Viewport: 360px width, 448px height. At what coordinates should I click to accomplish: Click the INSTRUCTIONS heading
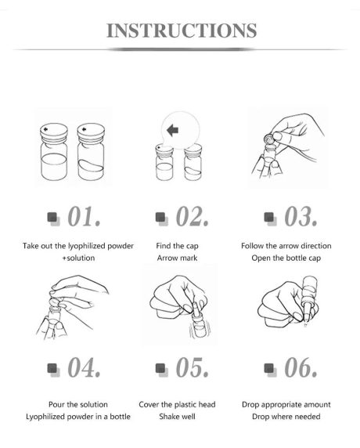coord(182,31)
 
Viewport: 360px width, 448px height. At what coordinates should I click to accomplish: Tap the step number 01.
coord(84,217)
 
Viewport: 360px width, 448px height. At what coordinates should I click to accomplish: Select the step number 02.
coord(193,217)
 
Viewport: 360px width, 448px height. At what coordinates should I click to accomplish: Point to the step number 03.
coord(301,217)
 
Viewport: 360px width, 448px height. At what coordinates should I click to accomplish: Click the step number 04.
coord(84,367)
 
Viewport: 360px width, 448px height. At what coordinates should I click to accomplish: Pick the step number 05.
coord(193,367)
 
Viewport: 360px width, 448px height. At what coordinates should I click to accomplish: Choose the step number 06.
coord(301,367)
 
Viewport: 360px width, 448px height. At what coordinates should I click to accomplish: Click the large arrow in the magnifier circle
coord(173,131)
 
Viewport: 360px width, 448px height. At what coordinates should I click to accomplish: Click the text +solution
coord(78,258)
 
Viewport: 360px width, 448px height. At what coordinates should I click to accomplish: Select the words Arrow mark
coord(177,258)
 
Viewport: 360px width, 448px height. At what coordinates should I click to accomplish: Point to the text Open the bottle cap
coord(286,258)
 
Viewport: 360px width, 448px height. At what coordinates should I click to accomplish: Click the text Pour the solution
coord(78,405)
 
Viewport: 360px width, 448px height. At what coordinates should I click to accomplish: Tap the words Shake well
coord(177,417)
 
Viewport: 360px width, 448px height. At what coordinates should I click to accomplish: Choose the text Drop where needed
coord(286,417)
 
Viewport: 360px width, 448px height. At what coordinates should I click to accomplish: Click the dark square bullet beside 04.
coord(52,368)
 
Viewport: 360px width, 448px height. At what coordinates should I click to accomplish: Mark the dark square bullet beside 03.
coord(269,217)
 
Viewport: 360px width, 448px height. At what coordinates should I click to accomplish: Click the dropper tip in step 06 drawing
coord(306,324)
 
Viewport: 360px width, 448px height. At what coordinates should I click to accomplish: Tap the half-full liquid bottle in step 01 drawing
coord(54,152)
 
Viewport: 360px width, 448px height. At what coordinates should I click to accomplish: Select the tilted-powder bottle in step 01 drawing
coord(91,152)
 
